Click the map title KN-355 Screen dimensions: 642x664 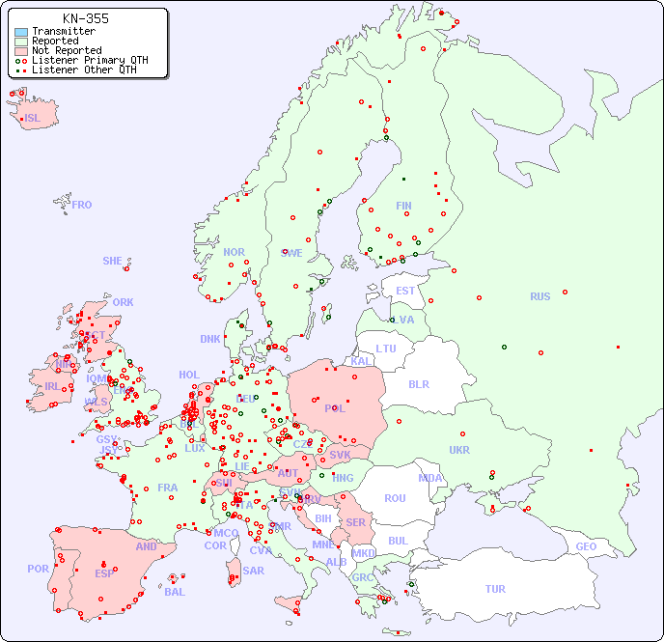(86, 18)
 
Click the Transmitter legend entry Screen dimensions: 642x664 (63, 32)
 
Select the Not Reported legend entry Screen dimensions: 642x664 (66, 51)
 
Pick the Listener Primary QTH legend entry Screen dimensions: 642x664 (90, 60)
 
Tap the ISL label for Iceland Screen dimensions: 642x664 (33, 119)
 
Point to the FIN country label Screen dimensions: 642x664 (403, 206)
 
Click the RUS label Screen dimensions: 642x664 (539, 297)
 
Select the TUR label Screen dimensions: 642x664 (495, 589)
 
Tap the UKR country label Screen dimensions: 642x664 (459, 450)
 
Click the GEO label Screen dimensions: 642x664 (586, 547)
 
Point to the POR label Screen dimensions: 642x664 (38, 569)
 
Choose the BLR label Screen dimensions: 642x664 (418, 384)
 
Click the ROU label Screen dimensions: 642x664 (395, 498)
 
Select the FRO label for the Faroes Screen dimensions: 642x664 (81, 205)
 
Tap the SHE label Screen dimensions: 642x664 (112, 261)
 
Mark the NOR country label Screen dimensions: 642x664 (234, 253)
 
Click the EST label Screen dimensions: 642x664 (405, 291)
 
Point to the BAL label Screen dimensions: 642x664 (174, 592)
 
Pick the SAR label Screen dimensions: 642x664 (253, 571)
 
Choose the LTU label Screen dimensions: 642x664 (386, 349)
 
